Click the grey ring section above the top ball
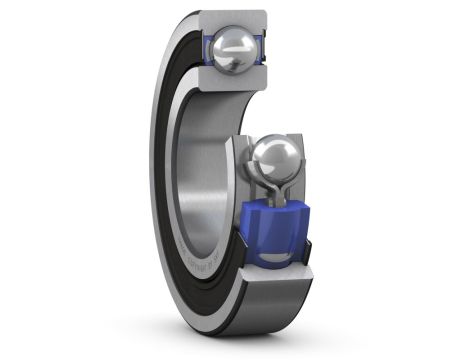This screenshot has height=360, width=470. pos(233,18)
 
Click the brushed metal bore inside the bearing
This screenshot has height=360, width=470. pos(200,170)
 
